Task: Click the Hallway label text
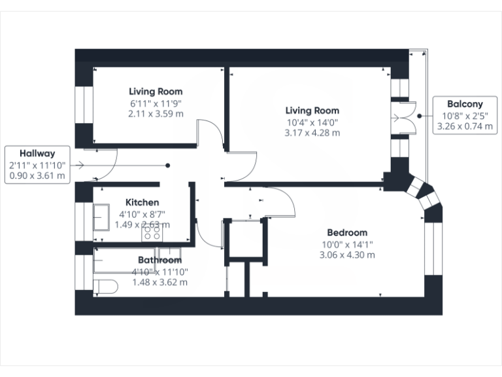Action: click(37, 153)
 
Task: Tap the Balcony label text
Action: click(465, 104)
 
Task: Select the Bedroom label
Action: click(347, 232)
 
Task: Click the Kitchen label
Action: click(142, 203)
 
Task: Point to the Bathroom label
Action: click(159, 260)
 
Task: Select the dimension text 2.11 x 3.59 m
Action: click(156, 113)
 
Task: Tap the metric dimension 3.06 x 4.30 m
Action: click(347, 255)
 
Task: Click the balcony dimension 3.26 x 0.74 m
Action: click(465, 126)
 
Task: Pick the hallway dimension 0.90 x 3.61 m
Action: click(37, 175)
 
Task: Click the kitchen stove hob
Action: click(152, 230)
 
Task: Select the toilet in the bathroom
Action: click(106, 287)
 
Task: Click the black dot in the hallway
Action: click(168, 166)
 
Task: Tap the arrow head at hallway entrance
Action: click(80, 166)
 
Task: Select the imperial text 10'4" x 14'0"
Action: click(312, 122)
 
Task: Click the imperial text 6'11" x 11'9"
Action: click(156, 103)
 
